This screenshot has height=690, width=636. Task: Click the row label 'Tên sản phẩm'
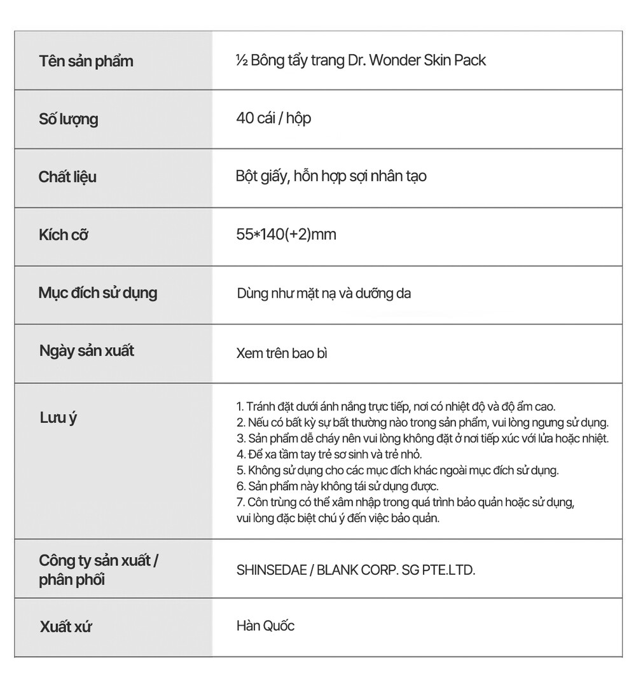(86, 62)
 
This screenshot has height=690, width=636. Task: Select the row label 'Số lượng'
(69, 119)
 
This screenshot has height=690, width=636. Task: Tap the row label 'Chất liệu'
(67, 177)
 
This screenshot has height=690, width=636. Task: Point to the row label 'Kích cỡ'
(63, 235)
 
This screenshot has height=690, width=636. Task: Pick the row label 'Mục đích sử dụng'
(98, 293)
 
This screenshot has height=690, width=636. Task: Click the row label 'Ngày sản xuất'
(86, 351)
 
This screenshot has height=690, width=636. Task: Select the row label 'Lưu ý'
(58, 418)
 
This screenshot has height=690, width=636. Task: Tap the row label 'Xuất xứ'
(66, 626)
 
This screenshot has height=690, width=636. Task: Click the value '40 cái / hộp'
(273, 118)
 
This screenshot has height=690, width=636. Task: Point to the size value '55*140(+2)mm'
(286, 235)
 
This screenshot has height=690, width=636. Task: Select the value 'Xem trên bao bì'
(282, 353)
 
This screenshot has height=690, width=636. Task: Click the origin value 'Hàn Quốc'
(265, 626)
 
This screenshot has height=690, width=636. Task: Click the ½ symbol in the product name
(241, 60)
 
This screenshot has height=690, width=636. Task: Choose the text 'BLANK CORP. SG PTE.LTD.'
(396, 570)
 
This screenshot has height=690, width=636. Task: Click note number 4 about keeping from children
(329, 455)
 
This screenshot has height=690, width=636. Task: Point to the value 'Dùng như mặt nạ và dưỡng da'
(324, 294)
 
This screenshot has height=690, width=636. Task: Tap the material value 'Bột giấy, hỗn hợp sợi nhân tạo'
(331, 176)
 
